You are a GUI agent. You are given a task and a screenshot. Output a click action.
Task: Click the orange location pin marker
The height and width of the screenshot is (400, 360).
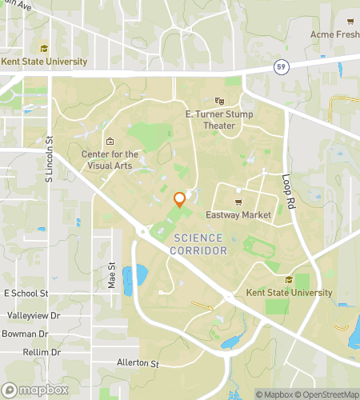point(180,199)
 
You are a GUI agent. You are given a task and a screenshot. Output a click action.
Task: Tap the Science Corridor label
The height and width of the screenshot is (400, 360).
point(199,245)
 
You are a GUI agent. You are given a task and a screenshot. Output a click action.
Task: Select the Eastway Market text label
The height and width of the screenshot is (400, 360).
point(239,214)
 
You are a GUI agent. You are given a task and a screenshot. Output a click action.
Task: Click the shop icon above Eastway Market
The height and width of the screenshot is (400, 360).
point(238,202)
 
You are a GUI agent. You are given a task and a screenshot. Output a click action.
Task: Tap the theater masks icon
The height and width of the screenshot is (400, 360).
point(220,101)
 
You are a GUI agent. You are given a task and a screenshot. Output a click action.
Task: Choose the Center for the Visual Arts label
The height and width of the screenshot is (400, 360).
point(110,160)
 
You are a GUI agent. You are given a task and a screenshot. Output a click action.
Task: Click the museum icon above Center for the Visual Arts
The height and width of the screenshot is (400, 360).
point(110,142)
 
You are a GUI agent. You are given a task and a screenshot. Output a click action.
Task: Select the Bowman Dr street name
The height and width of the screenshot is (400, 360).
point(25,334)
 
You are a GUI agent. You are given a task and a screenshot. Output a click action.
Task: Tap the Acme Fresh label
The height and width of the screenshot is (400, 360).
point(334,34)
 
